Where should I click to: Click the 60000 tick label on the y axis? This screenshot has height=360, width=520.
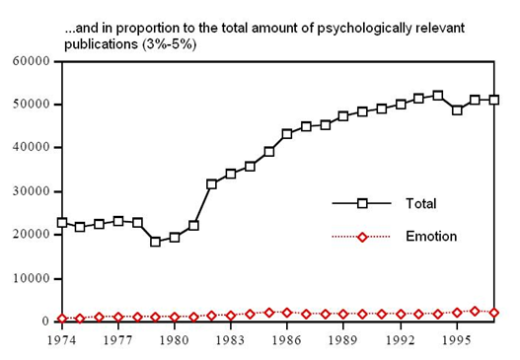[32, 61]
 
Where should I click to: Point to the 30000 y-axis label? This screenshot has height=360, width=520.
[32, 191]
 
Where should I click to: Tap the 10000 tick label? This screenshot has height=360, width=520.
[32, 278]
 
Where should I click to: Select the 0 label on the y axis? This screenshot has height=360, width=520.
[45, 322]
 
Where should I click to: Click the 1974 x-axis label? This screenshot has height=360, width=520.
[62, 340]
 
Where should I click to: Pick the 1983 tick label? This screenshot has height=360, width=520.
[231, 340]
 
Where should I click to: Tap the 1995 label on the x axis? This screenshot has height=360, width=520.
[457, 340]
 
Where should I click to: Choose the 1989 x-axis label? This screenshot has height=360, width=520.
[343, 340]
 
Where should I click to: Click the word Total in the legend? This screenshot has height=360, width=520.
[421, 203]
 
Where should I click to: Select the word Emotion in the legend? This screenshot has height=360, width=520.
[431, 237]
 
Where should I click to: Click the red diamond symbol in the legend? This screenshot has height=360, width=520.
[362, 237]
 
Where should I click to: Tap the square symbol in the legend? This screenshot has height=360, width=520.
[362, 203]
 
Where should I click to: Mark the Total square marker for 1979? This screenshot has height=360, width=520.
[155, 242]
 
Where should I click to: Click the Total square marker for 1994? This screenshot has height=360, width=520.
[438, 96]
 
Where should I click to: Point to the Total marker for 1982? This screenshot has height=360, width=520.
[211, 184]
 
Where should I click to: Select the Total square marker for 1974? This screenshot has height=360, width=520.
[62, 223]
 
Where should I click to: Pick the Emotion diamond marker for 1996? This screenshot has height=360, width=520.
[475, 312]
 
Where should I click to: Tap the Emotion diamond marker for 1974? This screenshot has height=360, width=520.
[62, 319]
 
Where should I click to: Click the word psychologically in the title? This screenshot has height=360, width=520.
[364, 29]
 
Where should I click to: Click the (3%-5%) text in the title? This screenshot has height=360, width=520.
[169, 44]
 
